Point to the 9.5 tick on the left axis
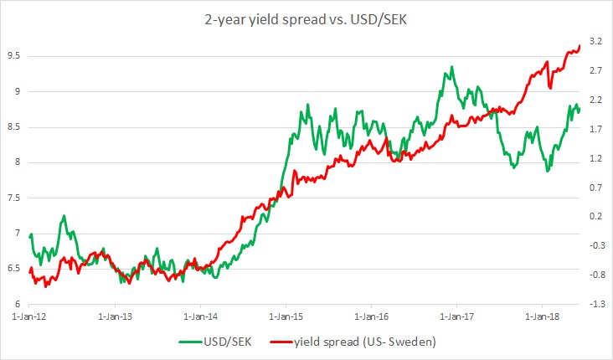[x=15, y=56]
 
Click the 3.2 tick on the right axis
[x=596, y=40]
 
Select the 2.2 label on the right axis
[x=596, y=99]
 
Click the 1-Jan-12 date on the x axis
[x=28, y=318]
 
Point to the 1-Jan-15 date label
[x=285, y=318]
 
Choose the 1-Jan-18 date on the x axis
[x=542, y=318]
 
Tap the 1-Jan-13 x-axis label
[x=114, y=318]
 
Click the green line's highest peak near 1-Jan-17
[x=451, y=66]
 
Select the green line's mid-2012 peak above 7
[x=64, y=216]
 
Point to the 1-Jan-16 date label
[x=371, y=318]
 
